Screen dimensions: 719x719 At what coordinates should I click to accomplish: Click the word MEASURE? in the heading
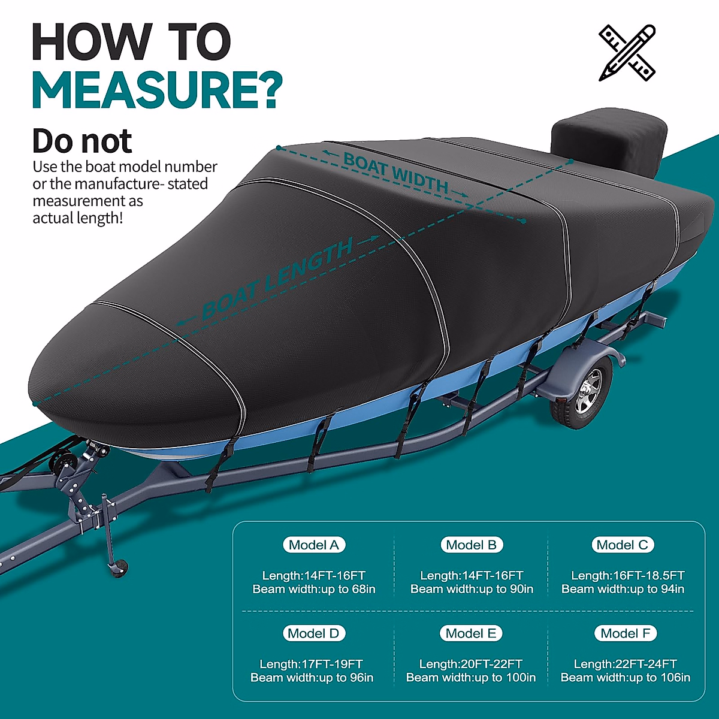point(157,91)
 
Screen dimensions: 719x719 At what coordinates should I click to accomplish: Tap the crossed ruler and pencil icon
point(627,53)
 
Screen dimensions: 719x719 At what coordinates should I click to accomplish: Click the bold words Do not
point(81,141)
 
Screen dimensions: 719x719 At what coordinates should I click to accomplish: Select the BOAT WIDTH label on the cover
point(395,173)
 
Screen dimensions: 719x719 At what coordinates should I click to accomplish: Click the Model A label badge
point(314,545)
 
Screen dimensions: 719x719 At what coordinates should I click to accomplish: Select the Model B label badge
point(472,545)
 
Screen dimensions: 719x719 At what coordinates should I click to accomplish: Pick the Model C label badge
point(623,545)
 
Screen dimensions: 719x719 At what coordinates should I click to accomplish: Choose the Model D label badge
point(313,633)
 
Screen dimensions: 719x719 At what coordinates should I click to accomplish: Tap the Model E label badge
point(471,633)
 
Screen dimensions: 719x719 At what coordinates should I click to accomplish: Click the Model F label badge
point(625,633)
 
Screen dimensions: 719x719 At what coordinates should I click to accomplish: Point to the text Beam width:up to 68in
point(314,589)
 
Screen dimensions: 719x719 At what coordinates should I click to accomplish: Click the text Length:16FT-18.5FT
point(627,575)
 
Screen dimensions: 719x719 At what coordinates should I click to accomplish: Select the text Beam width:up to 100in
point(471,678)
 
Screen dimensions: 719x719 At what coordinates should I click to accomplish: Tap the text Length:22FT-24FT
point(625,664)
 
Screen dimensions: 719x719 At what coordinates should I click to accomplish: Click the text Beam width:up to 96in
point(312,678)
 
